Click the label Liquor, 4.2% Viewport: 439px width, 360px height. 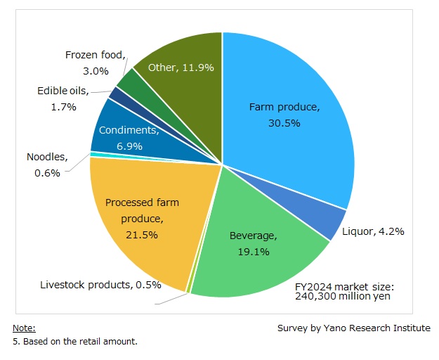pos(372,231)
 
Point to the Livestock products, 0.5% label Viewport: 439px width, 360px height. pos(100,285)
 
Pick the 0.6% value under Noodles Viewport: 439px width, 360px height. pos(48,173)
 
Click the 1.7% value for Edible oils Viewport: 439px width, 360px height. pos(65,107)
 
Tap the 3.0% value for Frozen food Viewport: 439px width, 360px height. pos(96,70)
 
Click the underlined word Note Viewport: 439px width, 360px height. pos(24,328)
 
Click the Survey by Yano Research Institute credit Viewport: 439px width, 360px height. pos(354,328)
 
